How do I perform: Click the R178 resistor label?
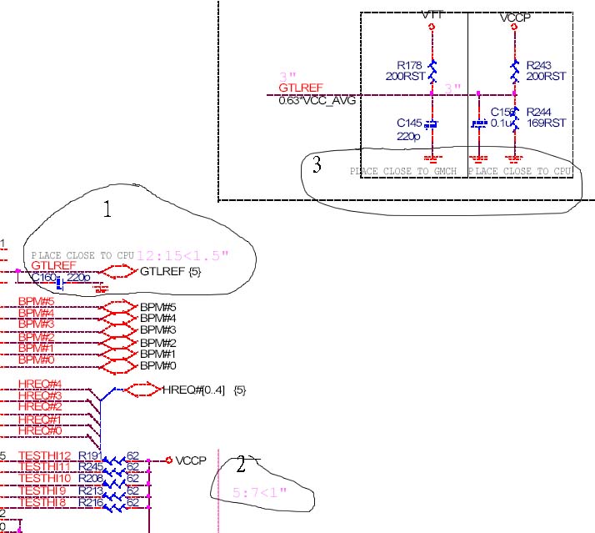pyautogui.click(x=410, y=65)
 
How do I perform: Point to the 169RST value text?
pyautogui.click(x=546, y=123)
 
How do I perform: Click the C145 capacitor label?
pyautogui.click(x=410, y=123)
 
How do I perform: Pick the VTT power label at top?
pyautogui.click(x=432, y=15)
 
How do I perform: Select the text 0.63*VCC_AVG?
pyautogui.click(x=311, y=100)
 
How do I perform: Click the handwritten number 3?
pyautogui.click(x=317, y=165)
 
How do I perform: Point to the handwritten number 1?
pyautogui.click(x=107, y=210)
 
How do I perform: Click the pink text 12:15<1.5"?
pyautogui.click(x=183, y=254)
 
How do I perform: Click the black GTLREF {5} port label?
pyautogui.click(x=170, y=272)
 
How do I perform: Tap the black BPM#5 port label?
pyautogui.click(x=157, y=307)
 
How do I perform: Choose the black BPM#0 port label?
pyautogui.click(x=157, y=366)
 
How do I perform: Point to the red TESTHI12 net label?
pyautogui.click(x=45, y=455)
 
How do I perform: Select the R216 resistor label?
pyautogui.click(x=90, y=502)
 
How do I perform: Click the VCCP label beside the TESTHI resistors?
pyautogui.click(x=191, y=460)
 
